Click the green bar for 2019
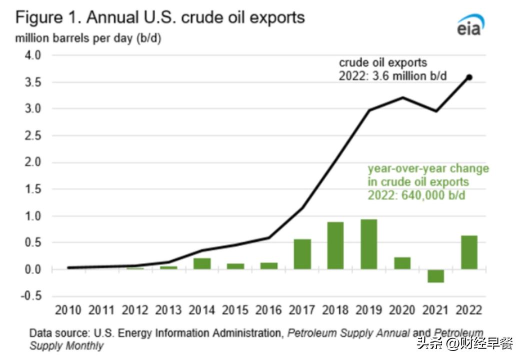click(368, 244)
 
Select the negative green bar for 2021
click(435, 276)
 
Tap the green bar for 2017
click(302, 254)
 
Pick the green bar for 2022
click(469, 252)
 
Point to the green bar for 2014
click(202, 263)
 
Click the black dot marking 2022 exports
click(469, 77)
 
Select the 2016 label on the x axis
click(269, 310)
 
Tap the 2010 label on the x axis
click(68, 310)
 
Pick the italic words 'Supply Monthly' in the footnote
click(66, 345)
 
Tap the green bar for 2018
click(335, 245)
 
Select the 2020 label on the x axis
click(402, 310)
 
